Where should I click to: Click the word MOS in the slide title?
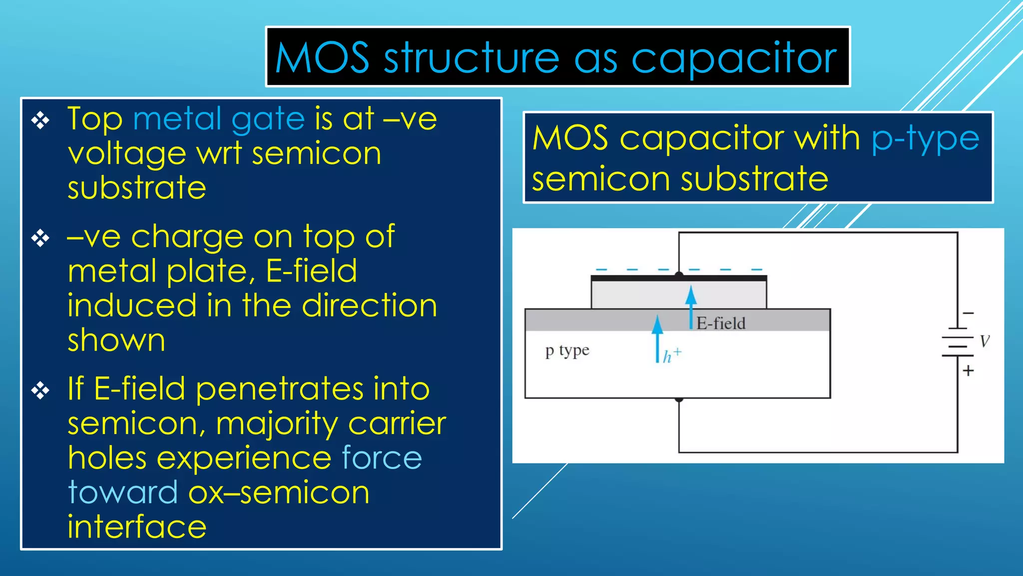point(322,58)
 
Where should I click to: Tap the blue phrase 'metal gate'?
point(219,119)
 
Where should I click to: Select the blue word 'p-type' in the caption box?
point(925,139)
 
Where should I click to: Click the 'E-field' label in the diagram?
point(721,323)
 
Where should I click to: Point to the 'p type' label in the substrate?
point(567,350)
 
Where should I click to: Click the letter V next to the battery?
point(984,341)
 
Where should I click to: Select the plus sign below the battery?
point(969,370)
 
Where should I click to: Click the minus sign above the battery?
point(969,313)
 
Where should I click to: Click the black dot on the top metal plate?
point(678,274)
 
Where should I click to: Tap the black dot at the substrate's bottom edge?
point(678,399)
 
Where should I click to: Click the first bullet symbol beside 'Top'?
point(40,120)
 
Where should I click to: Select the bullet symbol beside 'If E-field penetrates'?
point(40,390)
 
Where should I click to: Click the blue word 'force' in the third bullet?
point(382,458)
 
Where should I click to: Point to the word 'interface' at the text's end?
point(137,526)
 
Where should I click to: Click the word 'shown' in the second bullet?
point(116,340)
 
